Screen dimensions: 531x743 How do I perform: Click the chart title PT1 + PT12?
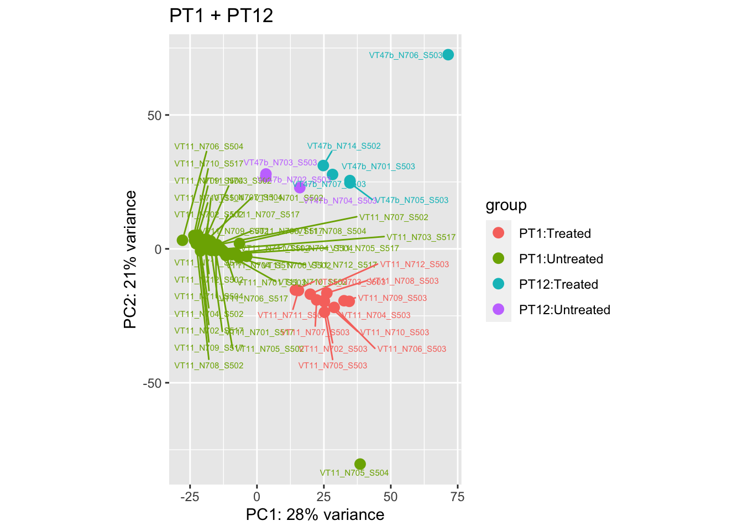(221, 16)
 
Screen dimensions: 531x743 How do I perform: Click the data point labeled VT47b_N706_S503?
(448, 55)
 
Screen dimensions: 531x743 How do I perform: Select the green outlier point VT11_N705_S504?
(360, 464)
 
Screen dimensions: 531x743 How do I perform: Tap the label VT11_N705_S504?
(354, 473)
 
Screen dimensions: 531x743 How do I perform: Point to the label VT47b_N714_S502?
(344, 147)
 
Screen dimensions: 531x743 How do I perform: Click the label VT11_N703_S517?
(421, 238)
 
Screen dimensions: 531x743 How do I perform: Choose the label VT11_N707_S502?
(394, 218)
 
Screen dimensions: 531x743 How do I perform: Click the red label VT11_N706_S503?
(411, 349)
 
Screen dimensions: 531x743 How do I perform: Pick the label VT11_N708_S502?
(209, 366)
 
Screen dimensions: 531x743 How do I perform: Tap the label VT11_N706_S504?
(209, 147)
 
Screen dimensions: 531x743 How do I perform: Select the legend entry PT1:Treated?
(555, 233)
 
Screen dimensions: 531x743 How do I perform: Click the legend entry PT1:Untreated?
(561, 259)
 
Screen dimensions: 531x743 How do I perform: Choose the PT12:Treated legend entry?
(558, 284)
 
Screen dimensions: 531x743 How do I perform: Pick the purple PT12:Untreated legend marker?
(498, 310)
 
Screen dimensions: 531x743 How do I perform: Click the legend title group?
(506, 206)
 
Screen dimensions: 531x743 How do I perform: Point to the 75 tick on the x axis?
(458, 497)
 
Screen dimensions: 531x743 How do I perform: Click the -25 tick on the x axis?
(190, 497)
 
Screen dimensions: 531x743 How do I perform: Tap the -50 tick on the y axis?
(150, 383)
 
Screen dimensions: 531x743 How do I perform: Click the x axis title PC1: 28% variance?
(315, 515)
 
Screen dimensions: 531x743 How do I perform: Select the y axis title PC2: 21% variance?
(130, 259)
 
